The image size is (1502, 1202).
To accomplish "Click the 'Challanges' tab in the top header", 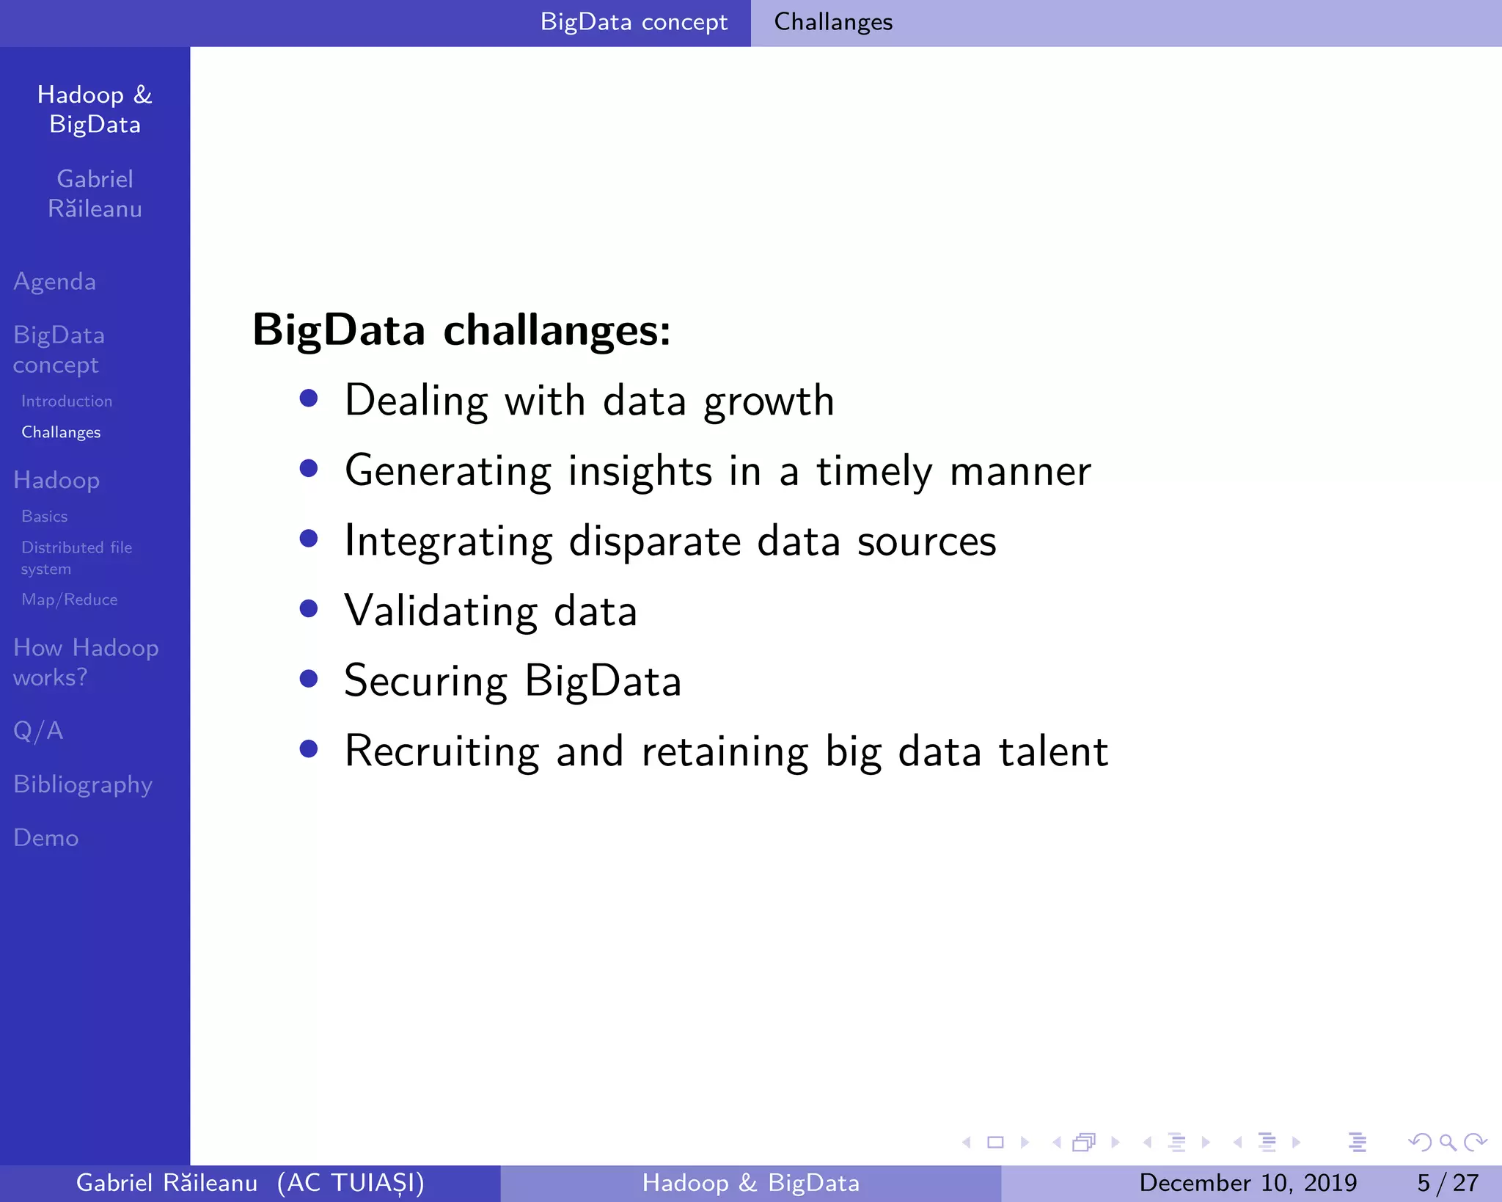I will pyautogui.click(x=833, y=22).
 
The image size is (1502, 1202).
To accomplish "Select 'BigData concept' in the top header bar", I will pyautogui.click(x=634, y=22).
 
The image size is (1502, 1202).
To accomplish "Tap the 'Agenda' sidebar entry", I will pyautogui.click(x=55, y=282).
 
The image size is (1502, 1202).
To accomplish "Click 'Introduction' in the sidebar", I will pyautogui.click(x=67, y=401).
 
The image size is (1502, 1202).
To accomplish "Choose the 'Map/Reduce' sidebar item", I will pyautogui.click(x=70, y=600).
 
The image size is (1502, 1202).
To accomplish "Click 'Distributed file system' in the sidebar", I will pyautogui.click(x=76, y=558).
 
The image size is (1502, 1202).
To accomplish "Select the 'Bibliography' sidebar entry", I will pyautogui.click(x=83, y=784).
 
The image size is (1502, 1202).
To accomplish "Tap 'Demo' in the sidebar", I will pyautogui.click(x=46, y=838).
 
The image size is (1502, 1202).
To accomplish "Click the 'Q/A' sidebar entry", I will pyautogui.click(x=38, y=731).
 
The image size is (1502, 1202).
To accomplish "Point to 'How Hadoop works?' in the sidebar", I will pyautogui.click(x=86, y=663).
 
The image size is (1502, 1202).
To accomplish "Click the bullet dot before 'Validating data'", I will pyautogui.click(x=309, y=608).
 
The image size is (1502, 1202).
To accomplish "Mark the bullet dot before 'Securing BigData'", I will pyautogui.click(x=309, y=679).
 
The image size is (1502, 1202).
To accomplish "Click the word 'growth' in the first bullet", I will pyautogui.click(x=769, y=402).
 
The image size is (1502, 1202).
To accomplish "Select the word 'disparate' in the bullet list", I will pyautogui.click(x=656, y=542).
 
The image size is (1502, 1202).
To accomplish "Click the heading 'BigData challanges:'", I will pyautogui.click(x=461, y=330).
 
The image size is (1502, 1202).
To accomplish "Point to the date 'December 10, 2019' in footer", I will pyautogui.click(x=1248, y=1183).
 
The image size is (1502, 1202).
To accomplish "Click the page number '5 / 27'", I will pyautogui.click(x=1447, y=1183).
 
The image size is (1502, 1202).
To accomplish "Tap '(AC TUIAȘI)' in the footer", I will pyautogui.click(x=351, y=1183).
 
